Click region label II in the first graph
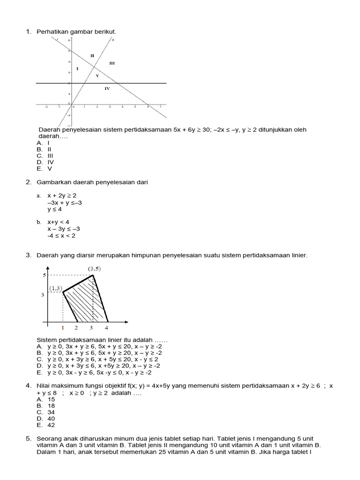coord(92,55)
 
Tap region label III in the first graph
coord(112,62)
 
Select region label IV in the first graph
coord(107,88)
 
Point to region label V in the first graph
coord(97,75)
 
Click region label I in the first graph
coord(77,69)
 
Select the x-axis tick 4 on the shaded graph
coord(106,328)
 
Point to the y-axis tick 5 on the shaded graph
coord(42,275)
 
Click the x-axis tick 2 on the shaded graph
coord(76,328)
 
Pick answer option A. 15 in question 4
coord(45,399)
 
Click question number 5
coord(28,438)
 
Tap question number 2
coord(28,182)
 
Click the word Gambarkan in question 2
coord(52,182)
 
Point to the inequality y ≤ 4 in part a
coord(55,210)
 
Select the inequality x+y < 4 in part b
coord(58,222)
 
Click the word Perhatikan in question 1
coord(52,31)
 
